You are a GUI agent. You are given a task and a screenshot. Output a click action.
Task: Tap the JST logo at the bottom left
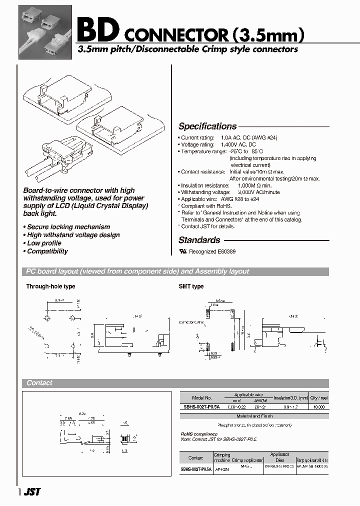point(32,492)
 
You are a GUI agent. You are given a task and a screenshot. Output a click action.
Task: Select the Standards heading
point(199,240)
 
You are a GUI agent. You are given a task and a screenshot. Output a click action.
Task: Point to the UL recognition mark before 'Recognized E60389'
point(182,252)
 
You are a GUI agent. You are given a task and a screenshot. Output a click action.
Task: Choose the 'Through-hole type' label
point(50,286)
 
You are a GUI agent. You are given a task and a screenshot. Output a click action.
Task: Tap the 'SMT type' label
point(191,286)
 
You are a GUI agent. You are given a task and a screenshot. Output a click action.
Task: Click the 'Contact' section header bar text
point(39,383)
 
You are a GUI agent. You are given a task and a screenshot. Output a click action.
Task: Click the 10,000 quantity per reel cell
point(318,407)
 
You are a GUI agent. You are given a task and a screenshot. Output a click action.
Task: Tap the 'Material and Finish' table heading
point(254,416)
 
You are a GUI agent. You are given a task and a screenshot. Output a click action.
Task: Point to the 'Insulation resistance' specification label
point(203,185)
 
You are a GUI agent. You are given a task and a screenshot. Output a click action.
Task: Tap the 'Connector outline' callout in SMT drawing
point(191,322)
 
